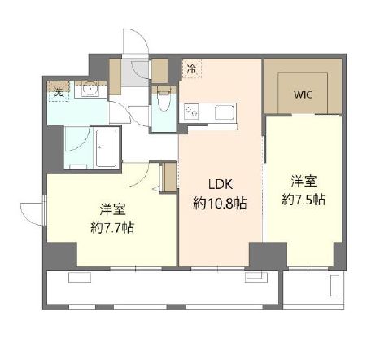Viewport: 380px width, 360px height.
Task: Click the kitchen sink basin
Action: click(221, 112)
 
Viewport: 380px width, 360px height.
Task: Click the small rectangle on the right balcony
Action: click(335, 285)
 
